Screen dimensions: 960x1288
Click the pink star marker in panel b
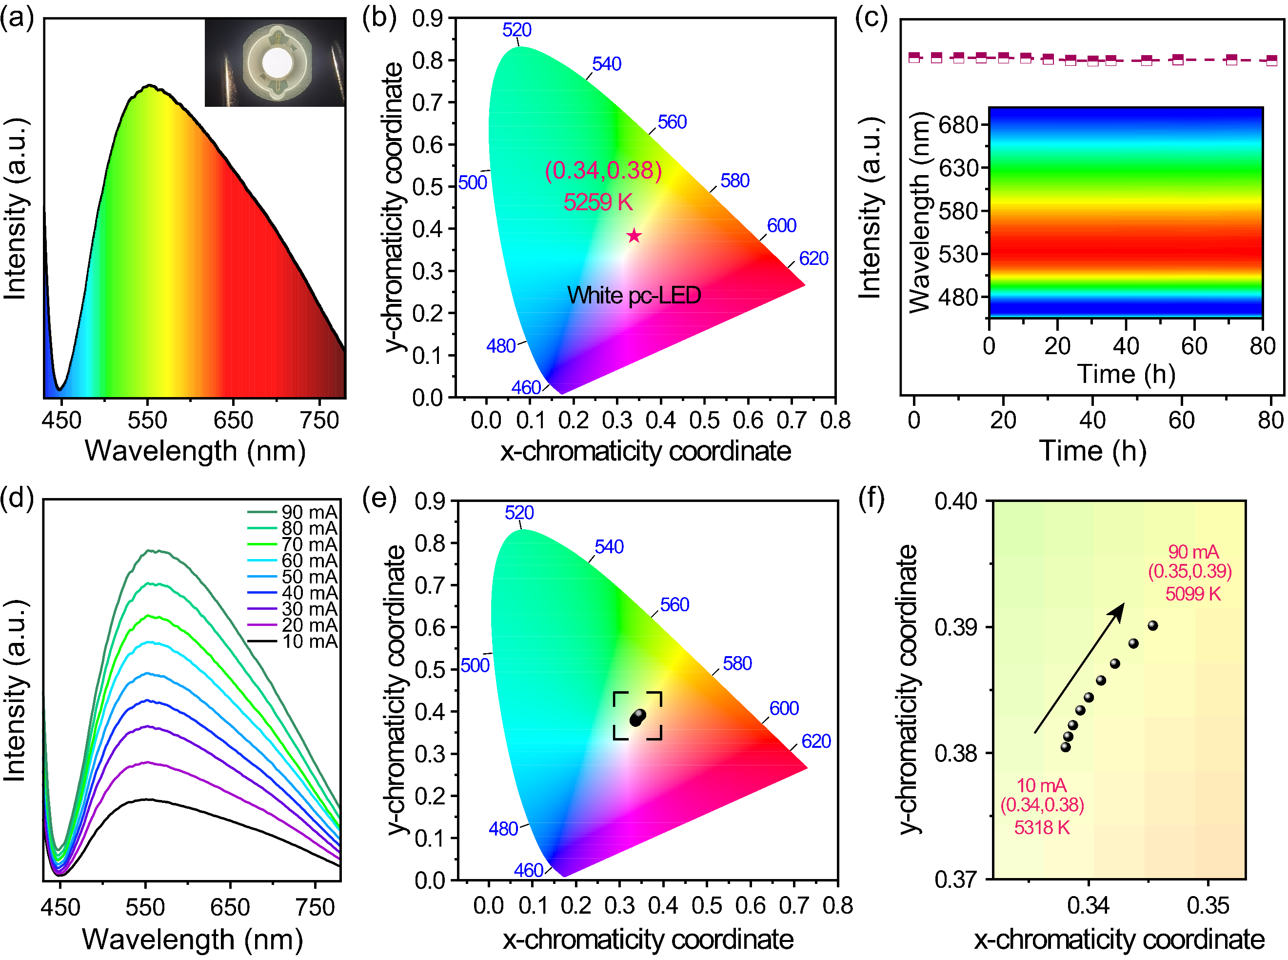(x=634, y=235)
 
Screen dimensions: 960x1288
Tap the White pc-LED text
(x=634, y=295)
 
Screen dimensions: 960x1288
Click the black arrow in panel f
(x=1079, y=668)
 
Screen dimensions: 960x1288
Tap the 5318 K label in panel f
(x=1042, y=827)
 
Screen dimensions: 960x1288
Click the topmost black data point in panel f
(x=1152, y=626)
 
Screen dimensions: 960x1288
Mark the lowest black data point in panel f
(x=1066, y=747)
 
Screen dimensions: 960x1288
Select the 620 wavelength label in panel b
(x=813, y=259)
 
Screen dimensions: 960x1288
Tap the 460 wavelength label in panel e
(x=529, y=870)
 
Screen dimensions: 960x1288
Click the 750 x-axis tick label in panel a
(x=319, y=420)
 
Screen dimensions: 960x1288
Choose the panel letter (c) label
(x=872, y=19)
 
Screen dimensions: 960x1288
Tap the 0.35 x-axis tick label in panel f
(x=1209, y=905)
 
